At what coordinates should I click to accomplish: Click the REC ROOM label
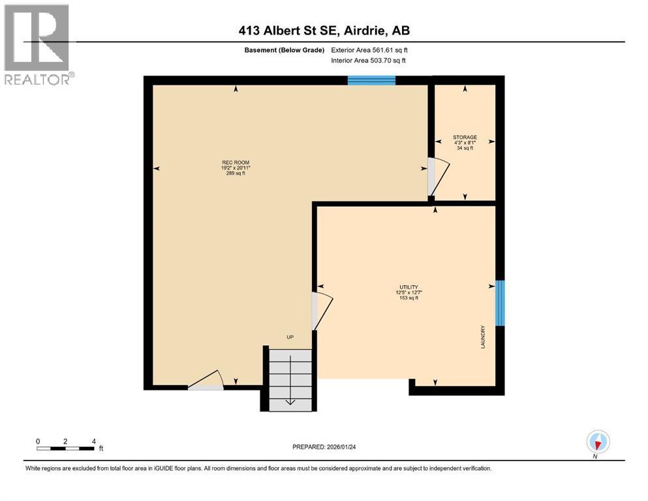pos(236,162)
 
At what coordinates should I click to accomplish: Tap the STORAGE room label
pos(465,138)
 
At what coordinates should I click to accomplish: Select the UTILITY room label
pos(409,287)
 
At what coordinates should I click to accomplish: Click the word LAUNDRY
pos(483,337)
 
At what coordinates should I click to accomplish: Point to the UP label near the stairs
pos(290,337)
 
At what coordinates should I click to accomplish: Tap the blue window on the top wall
pos(371,80)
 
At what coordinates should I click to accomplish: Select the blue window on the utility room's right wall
pos(500,303)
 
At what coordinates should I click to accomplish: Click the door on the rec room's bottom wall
pos(206,381)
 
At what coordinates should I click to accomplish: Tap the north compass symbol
pos(598,442)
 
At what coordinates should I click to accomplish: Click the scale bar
pos(66,448)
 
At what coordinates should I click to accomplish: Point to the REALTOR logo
pos(38,45)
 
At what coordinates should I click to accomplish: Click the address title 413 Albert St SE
pos(324,31)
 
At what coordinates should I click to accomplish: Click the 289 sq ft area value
pos(236,174)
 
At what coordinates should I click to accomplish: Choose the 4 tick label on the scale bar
pos(94,441)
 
